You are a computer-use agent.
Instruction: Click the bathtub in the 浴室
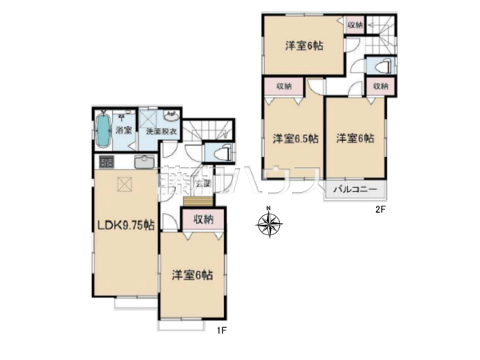click(x=102, y=130)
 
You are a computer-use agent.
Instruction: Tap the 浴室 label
click(x=122, y=129)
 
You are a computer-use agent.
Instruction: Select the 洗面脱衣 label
click(x=161, y=132)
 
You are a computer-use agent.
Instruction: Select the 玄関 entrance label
click(x=202, y=184)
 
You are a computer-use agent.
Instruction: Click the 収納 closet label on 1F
click(x=202, y=218)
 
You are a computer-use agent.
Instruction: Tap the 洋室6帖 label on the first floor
click(x=192, y=274)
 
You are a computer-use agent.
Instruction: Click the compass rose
click(x=269, y=223)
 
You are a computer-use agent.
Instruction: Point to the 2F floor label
click(x=382, y=210)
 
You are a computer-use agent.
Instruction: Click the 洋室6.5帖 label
click(x=294, y=138)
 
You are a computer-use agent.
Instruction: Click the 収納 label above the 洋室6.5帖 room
click(x=283, y=86)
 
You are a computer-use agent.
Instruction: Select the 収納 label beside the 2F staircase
click(x=355, y=26)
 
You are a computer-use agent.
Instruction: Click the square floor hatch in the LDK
click(x=124, y=184)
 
